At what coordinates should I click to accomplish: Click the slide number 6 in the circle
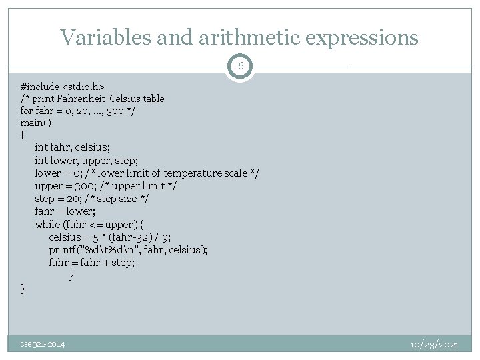coord(240,67)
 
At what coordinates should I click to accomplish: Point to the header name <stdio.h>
coord(83,87)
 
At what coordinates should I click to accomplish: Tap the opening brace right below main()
coord(23,135)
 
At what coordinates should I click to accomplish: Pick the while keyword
coord(47,224)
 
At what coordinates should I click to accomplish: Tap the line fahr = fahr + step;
coord(91,263)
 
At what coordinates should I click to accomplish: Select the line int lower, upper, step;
coord(84,161)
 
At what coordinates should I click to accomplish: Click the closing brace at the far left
coord(23,288)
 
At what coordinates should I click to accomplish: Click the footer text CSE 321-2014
coord(42,344)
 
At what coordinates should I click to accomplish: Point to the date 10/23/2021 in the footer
coord(433,344)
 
